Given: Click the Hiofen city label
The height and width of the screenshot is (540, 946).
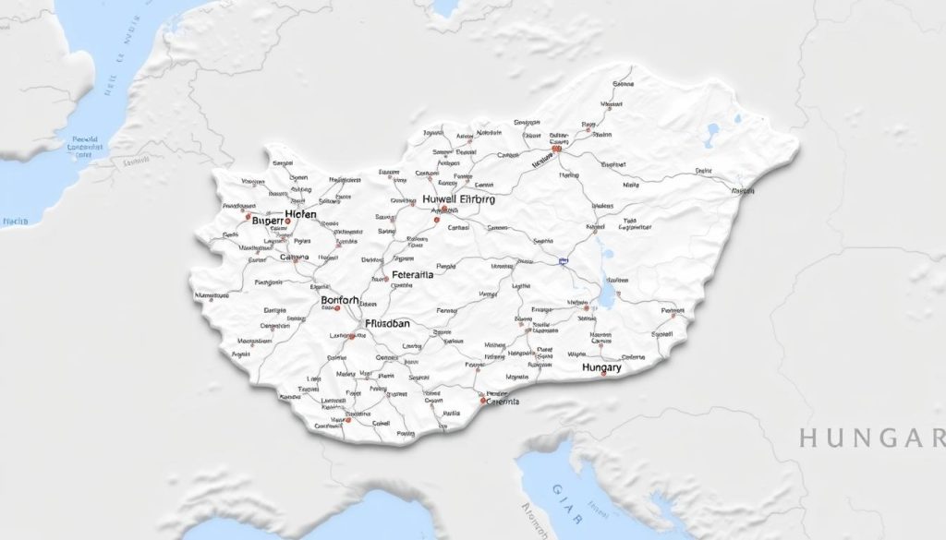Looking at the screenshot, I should (300, 214).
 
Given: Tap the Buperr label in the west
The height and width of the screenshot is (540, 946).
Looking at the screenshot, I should (269, 222).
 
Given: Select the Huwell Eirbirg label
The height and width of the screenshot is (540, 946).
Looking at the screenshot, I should (458, 198).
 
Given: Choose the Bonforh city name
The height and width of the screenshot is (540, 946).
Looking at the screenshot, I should (344, 300).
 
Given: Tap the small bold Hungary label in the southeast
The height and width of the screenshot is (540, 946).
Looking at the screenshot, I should (602, 367).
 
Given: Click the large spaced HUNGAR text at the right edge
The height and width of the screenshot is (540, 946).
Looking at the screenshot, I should (872, 438).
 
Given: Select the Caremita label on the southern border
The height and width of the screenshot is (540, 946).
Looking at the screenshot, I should (503, 402).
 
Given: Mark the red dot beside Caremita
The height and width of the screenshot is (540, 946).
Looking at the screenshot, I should (482, 401).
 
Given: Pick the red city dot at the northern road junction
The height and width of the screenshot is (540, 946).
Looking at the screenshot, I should (555, 148).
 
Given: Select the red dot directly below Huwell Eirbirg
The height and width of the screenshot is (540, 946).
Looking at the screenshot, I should (437, 220).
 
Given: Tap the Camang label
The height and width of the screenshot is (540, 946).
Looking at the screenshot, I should (294, 258).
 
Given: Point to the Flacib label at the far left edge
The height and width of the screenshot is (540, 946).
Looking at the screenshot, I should (16, 222).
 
